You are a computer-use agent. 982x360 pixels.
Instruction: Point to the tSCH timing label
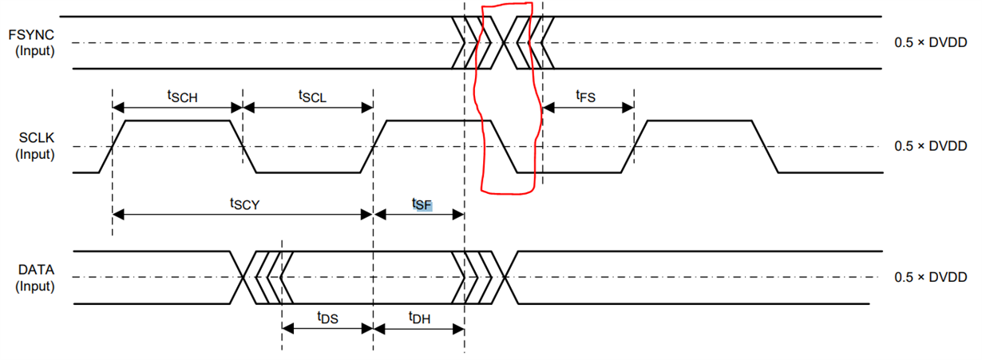[x=181, y=96]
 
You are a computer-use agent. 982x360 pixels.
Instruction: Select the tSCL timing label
[x=312, y=96]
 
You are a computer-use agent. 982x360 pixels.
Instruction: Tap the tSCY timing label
[x=246, y=203]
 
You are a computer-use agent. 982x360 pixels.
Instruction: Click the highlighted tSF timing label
[x=422, y=204]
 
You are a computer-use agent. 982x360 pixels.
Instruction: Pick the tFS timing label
[x=585, y=96]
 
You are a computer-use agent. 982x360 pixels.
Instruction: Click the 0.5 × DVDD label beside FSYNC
[x=930, y=42]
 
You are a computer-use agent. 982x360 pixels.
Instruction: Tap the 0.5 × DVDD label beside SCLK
[x=930, y=146]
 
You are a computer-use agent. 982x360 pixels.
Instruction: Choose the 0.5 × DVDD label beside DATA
[x=930, y=277]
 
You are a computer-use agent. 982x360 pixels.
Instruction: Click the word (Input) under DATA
[x=34, y=286]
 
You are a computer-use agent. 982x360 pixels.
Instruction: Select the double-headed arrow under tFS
[x=588, y=108]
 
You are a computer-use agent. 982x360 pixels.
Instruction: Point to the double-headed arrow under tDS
[x=327, y=329]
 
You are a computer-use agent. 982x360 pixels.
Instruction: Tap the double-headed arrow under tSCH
[x=177, y=108]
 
